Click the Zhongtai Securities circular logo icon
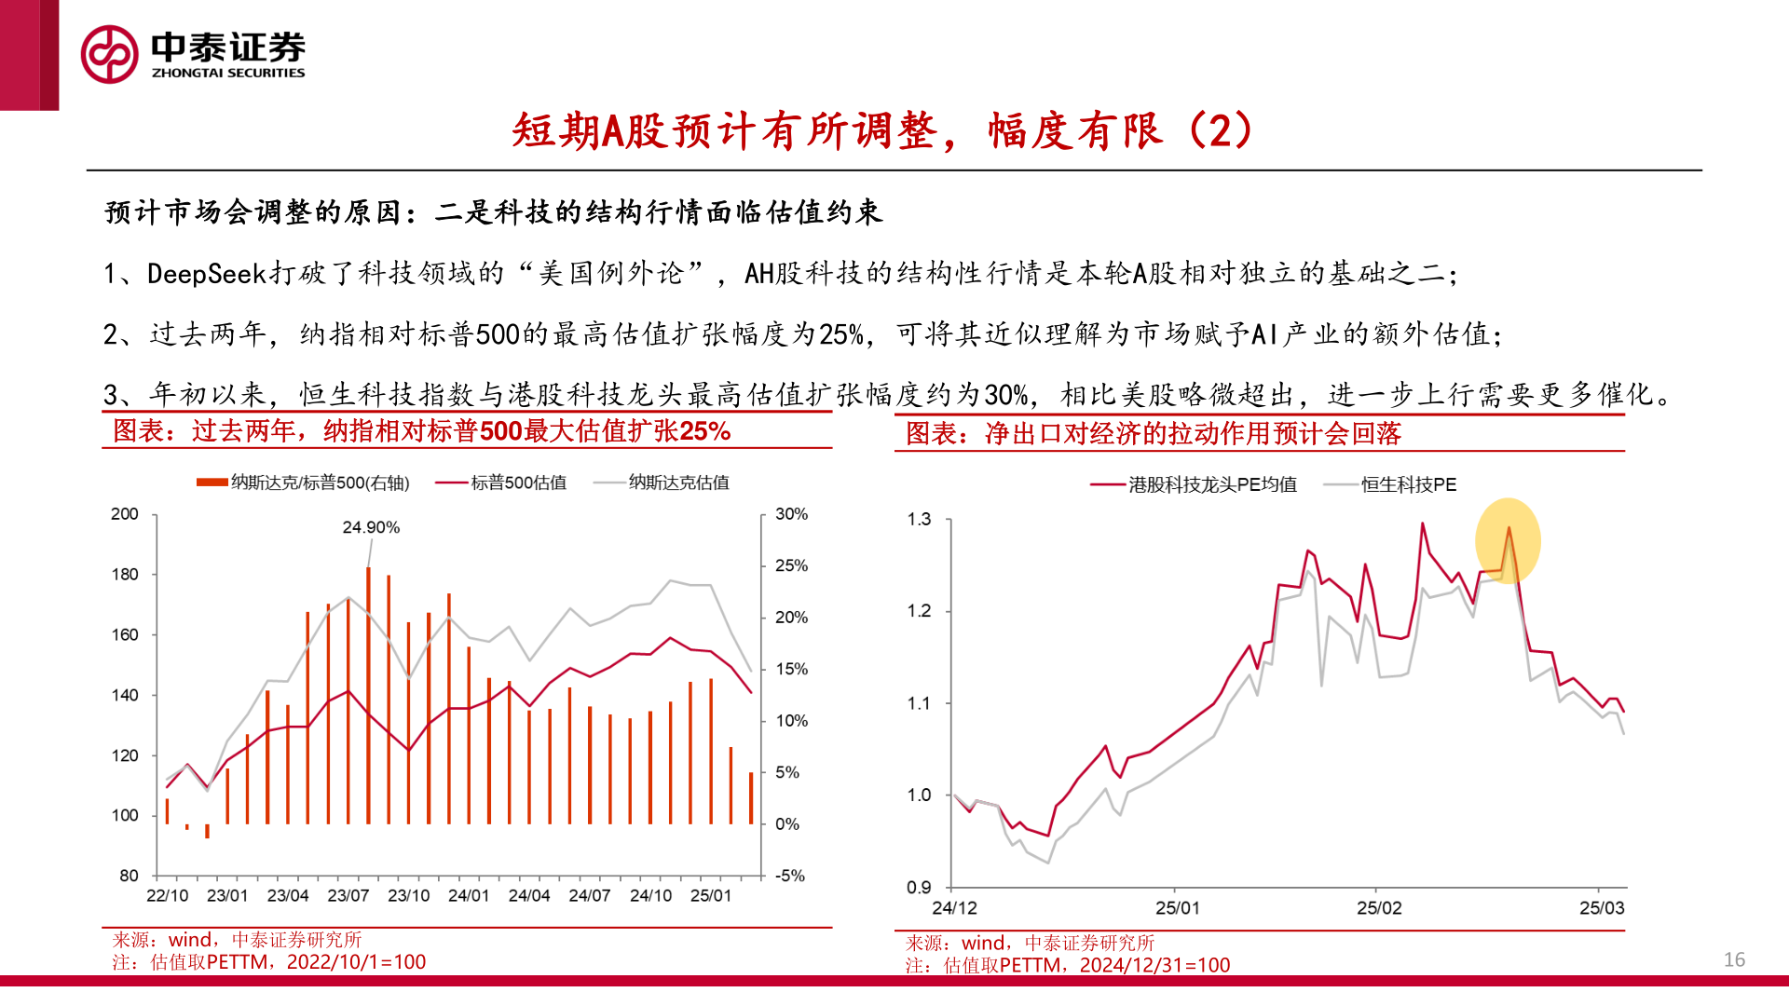[110, 54]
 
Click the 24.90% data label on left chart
[371, 527]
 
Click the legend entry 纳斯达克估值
[678, 483]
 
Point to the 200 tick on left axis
[125, 514]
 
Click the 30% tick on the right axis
[791, 514]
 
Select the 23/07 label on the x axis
[348, 896]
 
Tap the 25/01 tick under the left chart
[710, 896]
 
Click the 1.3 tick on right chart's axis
[919, 520]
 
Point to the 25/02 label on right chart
[1378, 908]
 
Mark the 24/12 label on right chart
[954, 908]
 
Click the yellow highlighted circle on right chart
[1507, 541]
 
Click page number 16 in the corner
[1734, 959]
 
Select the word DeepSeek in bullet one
[207, 273]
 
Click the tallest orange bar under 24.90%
[369, 694]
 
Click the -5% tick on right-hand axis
[790, 876]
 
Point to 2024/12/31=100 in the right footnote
[1154, 965]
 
